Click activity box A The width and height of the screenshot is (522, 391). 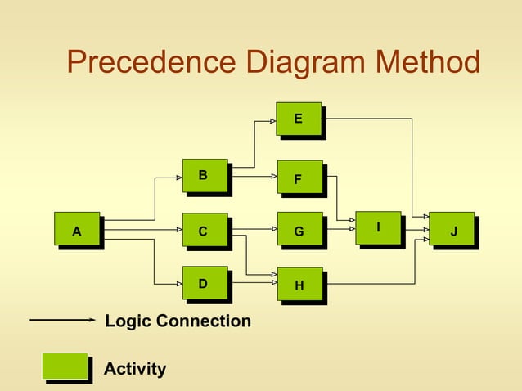click(x=77, y=231)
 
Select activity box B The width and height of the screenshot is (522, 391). click(x=205, y=176)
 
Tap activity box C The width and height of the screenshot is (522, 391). click(x=205, y=231)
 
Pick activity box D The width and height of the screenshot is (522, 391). click(x=205, y=284)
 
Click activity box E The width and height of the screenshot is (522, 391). click(x=299, y=119)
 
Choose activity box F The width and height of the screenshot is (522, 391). click(x=299, y=178)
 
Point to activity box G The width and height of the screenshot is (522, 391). click(x=299, y=231)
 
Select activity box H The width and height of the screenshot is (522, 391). click(x=299, y=285)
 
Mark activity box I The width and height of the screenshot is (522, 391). click(x=378, y=227)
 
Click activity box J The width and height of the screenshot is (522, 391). click(x=452, y=231)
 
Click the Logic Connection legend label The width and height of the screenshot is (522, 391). click(x=178, y=321)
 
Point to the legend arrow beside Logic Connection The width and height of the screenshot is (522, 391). click(x=62, y=321)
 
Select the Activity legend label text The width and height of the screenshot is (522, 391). click(x=135, y=369)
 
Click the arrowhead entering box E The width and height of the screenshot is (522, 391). click(x=272, y=120)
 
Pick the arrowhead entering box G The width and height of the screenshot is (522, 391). click(x=272, y=231)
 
